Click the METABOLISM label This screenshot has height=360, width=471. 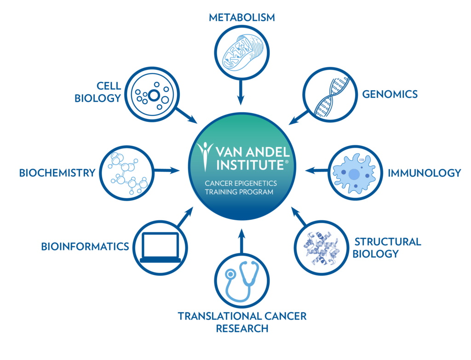[241, 18]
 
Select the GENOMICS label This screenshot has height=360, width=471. [390, 94]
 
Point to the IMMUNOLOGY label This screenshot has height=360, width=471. [424, 173]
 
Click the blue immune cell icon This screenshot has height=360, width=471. [354, 173]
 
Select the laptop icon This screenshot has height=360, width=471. [161, 247]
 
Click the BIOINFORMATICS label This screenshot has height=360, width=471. [85, 247]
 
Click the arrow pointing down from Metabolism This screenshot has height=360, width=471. [240, 94]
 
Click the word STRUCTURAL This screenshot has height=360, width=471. [387, 242]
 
